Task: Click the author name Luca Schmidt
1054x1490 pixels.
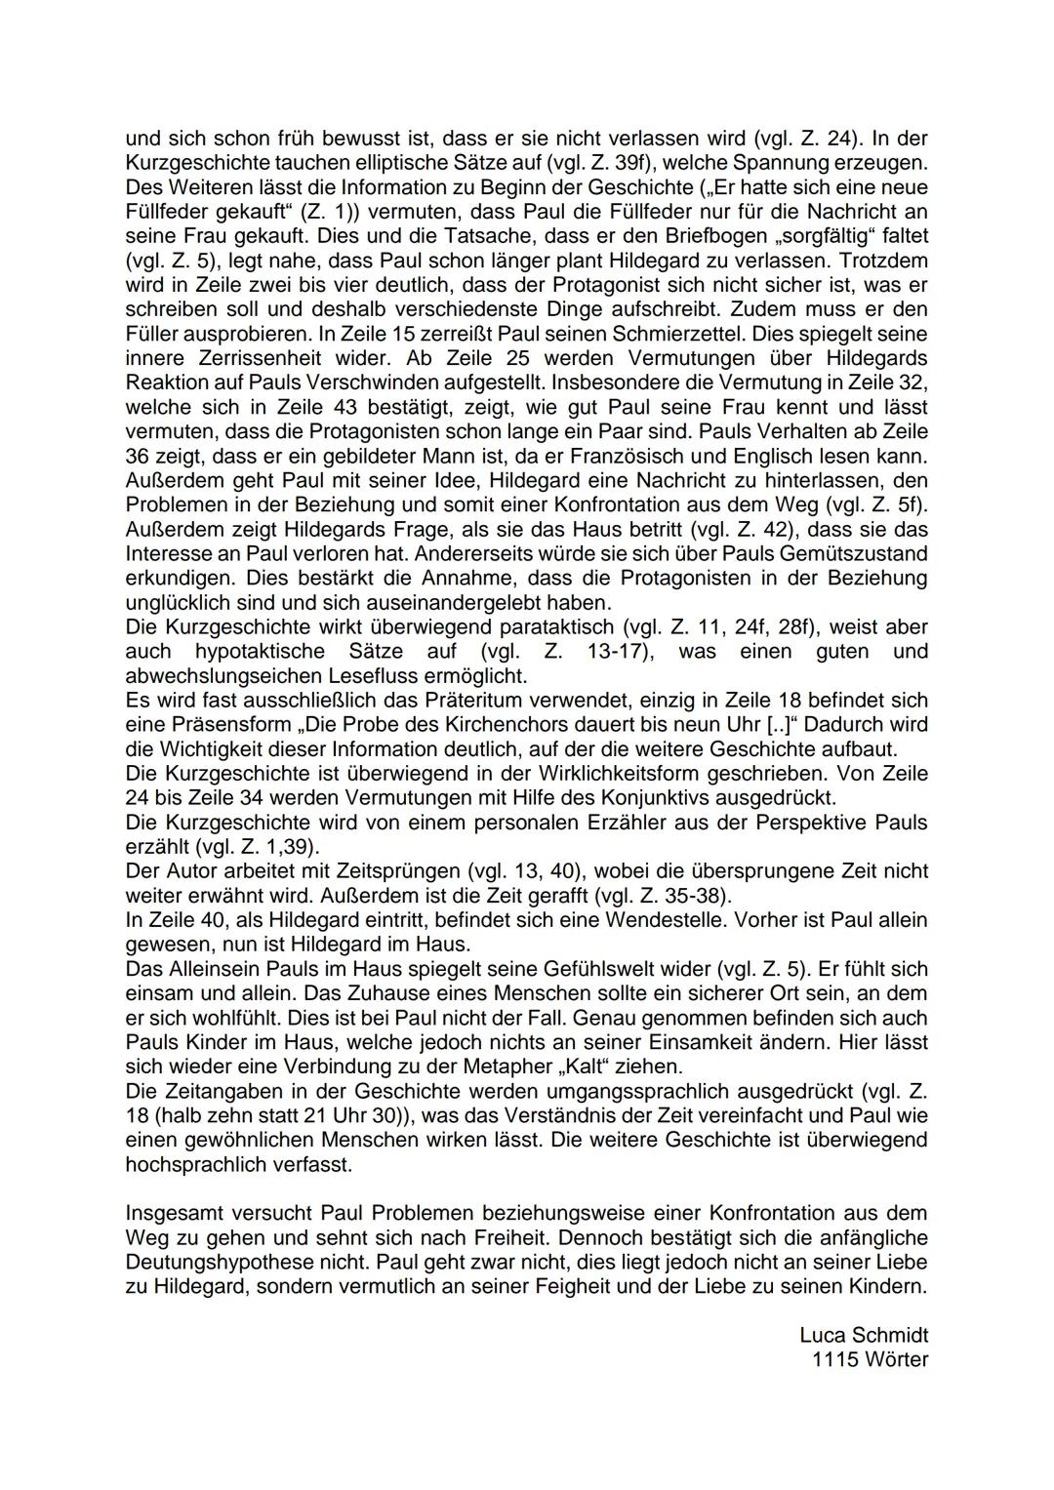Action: [863, 1335]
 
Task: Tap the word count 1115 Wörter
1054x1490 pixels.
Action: [870, 1359]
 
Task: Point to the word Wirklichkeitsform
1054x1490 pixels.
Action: [566, 774]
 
